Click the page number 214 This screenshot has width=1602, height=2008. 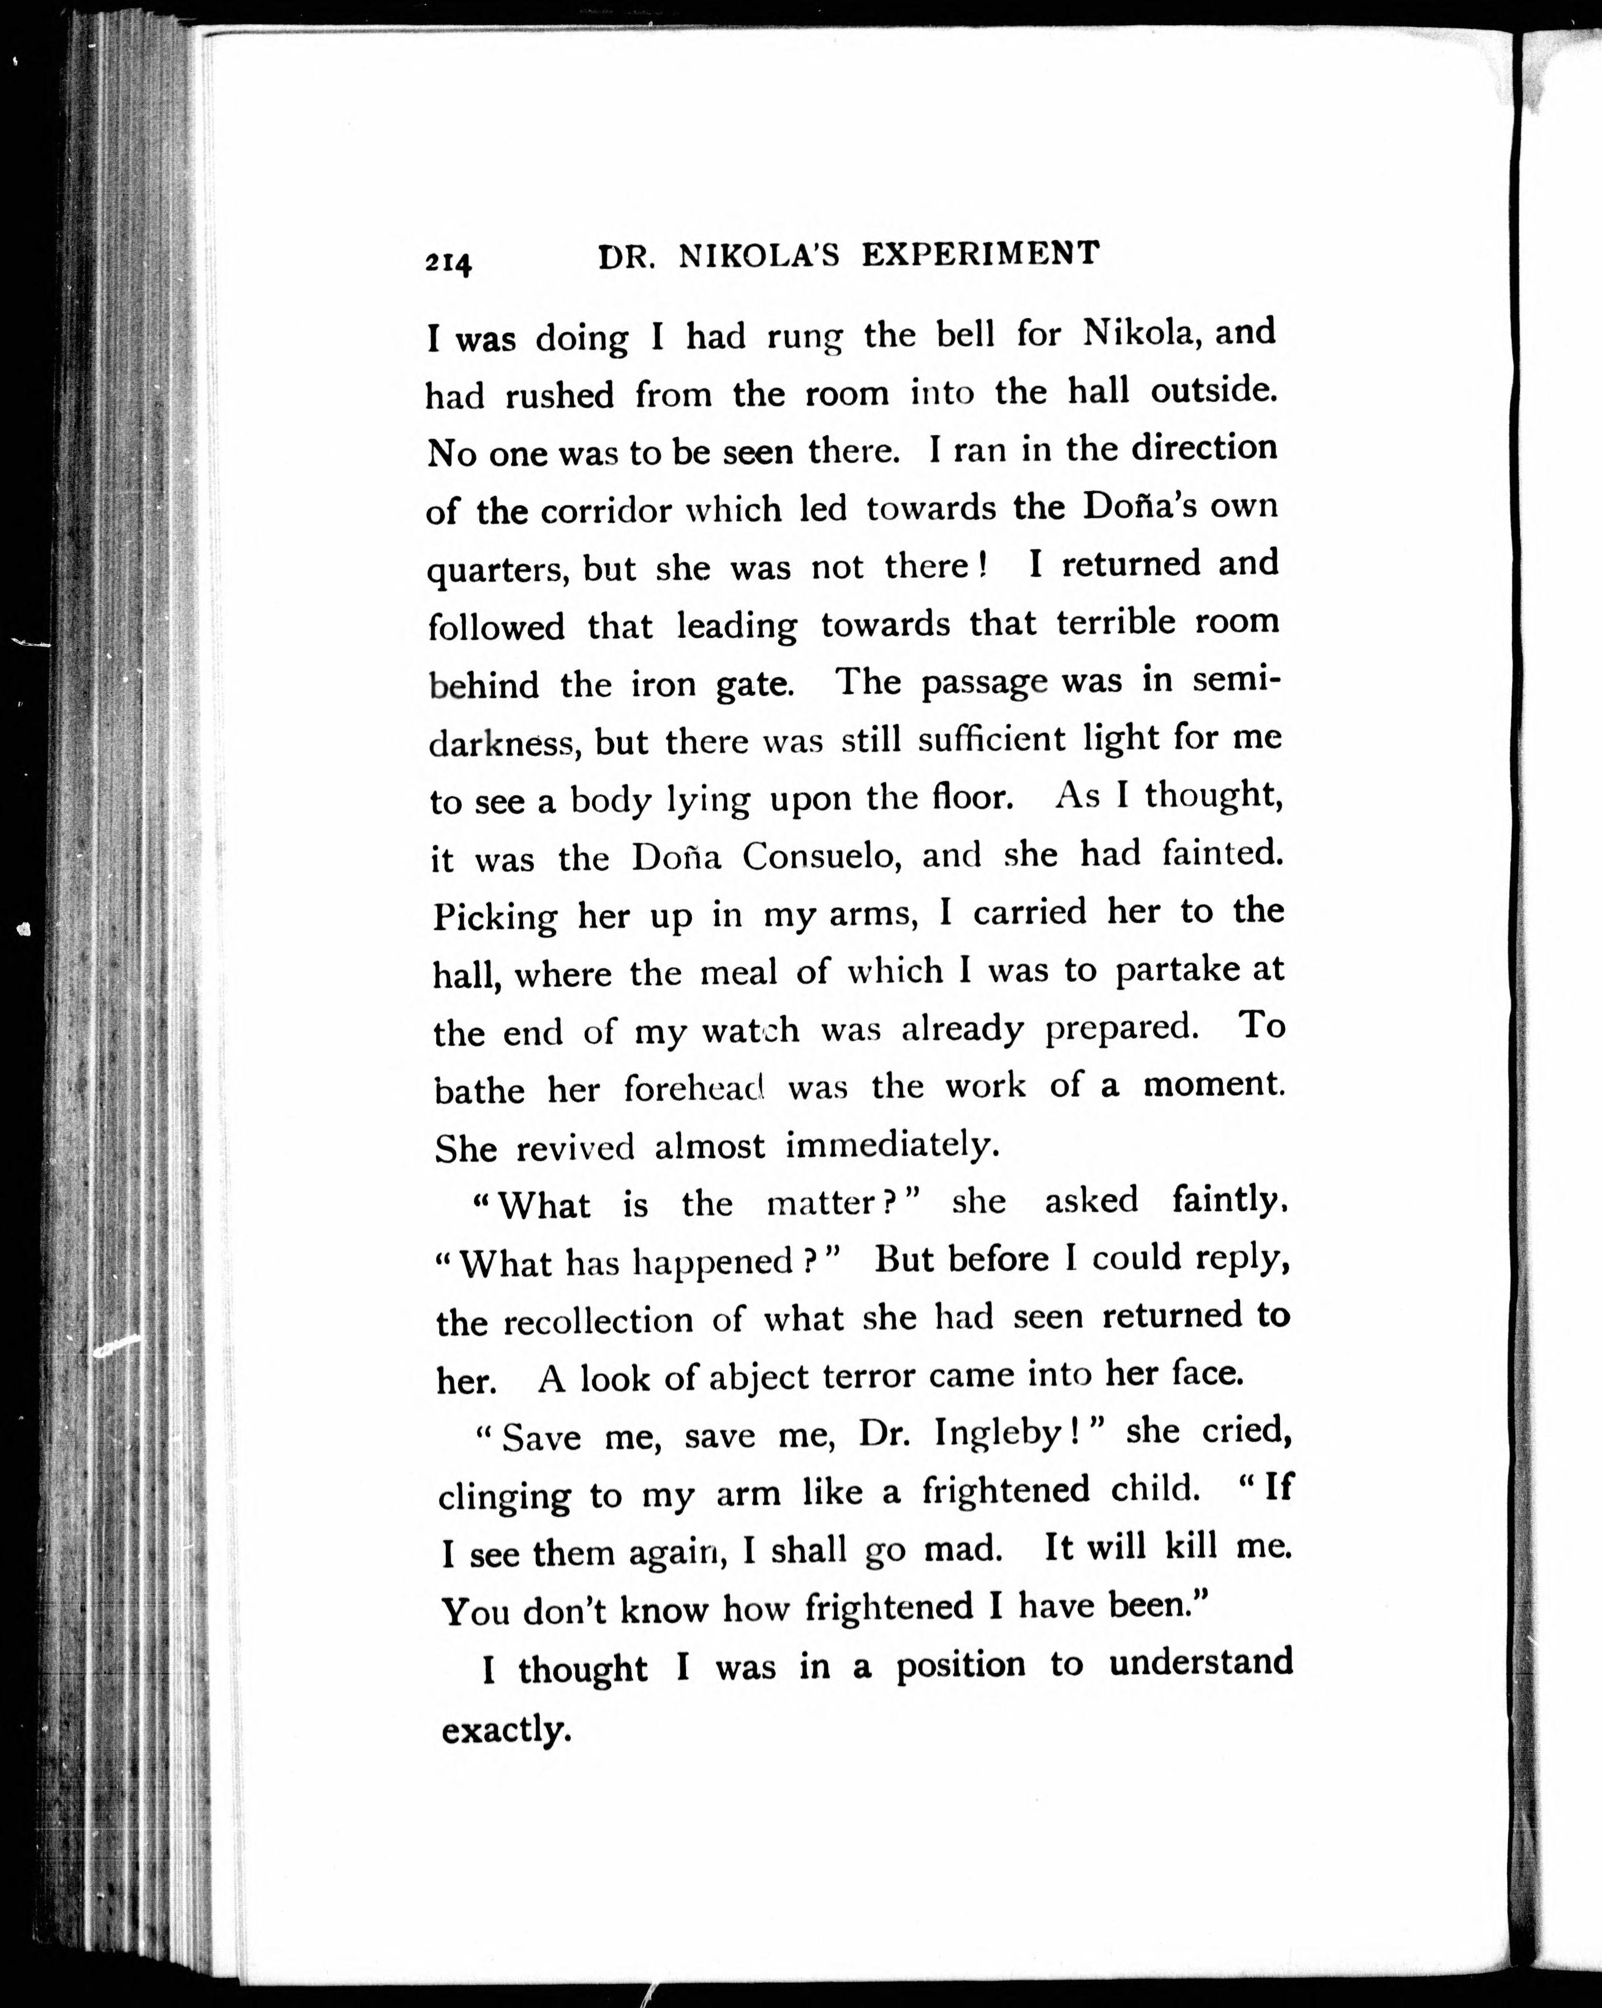[x=449, y=263]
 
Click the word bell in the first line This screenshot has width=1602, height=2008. [x=965, y=334]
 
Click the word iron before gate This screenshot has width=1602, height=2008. [x=663, y=684]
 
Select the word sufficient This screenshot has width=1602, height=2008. [x=991, y=740]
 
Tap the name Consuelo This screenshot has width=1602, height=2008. [x=819, y=857]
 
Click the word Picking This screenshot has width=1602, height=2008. [x=495, y=918]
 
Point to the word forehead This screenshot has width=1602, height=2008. [x=693, y=1088]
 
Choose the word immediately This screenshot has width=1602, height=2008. [x=892, y=1145]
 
